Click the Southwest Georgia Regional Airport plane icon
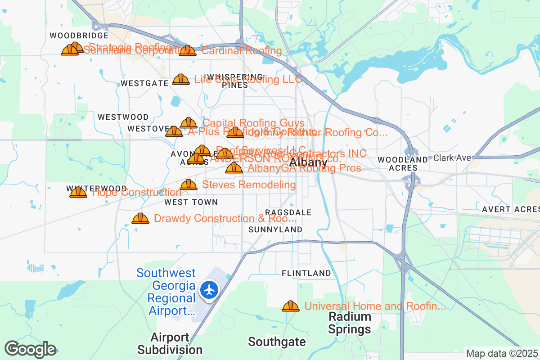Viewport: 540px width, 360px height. pos(209,289)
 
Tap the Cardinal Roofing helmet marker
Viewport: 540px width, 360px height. pos(188,50)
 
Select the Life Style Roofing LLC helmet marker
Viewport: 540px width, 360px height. pos(181,80)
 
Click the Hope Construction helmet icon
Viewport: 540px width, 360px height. pos(78,193)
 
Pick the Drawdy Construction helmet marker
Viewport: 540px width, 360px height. pos(140,218)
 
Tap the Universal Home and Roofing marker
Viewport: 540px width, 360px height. pos(291,306)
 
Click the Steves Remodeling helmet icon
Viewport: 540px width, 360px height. pos(189,184)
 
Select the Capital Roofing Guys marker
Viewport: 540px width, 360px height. pos(189,123)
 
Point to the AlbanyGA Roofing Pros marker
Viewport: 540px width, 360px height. pos(234,168)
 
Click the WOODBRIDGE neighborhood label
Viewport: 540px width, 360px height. pos(79,36)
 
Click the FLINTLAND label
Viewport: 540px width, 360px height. pos(306,273)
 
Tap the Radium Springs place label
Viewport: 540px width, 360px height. pos(350,323)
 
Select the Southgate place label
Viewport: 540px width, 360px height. pos(277,342)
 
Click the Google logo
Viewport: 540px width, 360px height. pos(30,349)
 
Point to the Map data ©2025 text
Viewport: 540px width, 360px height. pos(501,354)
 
